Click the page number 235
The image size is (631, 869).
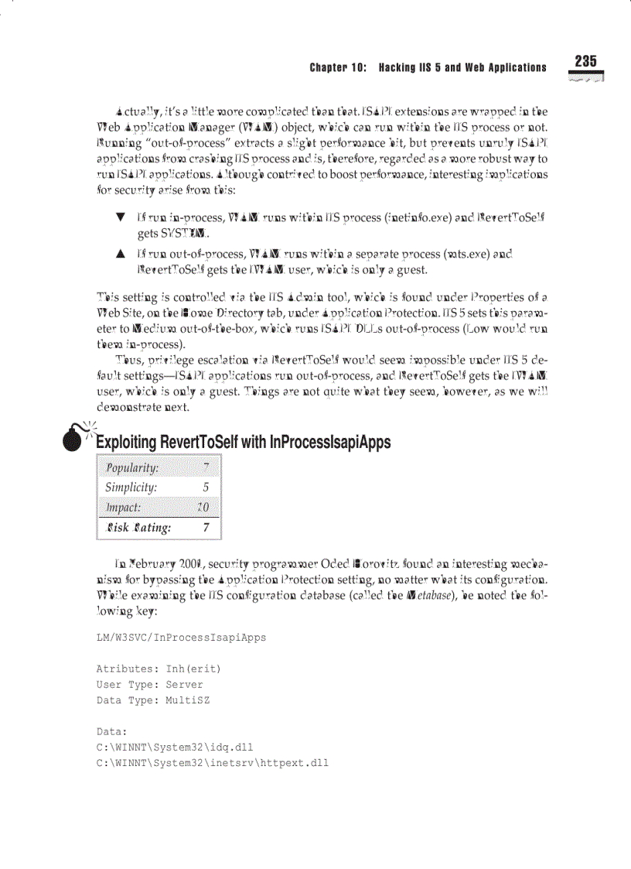(585, 62)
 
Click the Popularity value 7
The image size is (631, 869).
(205, 467)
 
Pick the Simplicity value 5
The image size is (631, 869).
(206, 488)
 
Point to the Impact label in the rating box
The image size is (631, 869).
(124, 508)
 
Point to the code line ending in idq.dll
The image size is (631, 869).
(175, 747)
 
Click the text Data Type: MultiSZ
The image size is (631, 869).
(153, 700)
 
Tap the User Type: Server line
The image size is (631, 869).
(150, 684)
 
